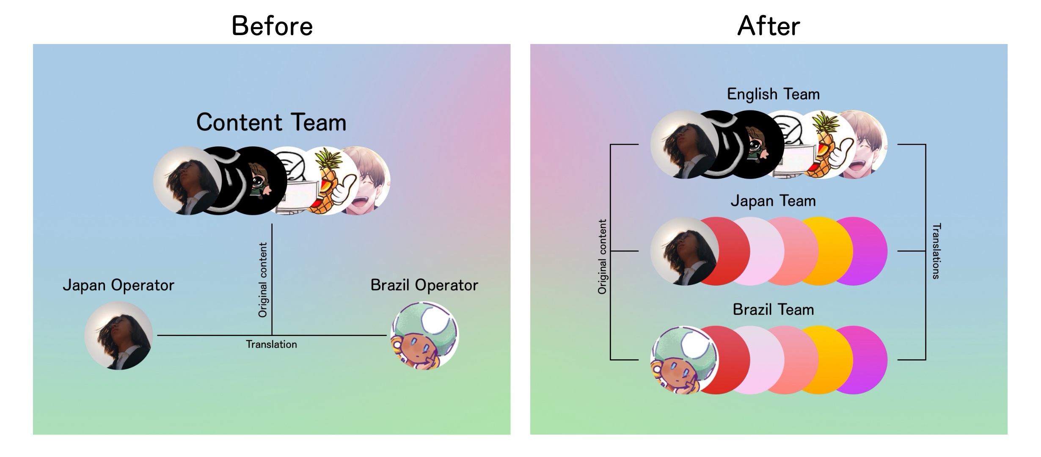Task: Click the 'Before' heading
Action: click(x=272, y=26)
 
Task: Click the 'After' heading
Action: click(x=768, y=26)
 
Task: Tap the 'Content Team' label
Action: click(x=271, y=122)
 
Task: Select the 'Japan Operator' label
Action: click(x=118, y=285)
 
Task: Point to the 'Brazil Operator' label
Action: click(x=424, y=285)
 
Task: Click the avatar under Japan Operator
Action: click(x=119, y=336)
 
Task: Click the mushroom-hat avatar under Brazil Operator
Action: click(x=424, y=336)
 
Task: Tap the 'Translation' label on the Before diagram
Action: click(x=272, y=344)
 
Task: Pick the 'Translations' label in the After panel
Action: click(x=936, y=251)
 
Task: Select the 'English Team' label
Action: click(x=773, y=94)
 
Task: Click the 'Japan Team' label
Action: click(x=773, y=201)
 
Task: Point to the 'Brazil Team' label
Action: click(x=773, y=309)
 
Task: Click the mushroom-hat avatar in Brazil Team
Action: click(x=684, y=360)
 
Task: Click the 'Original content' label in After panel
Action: click(x=602, y=257)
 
